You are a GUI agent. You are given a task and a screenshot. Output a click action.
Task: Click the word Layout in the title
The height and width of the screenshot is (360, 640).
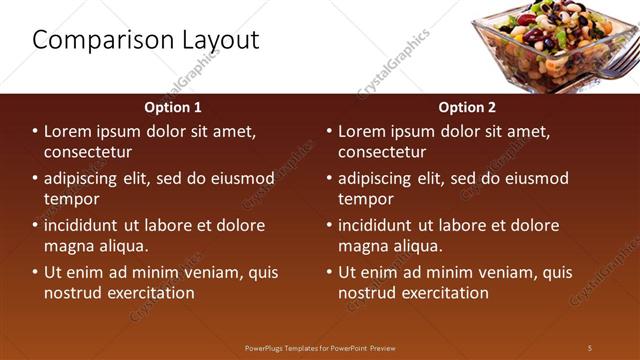pyautogui.click(x=219, y=40)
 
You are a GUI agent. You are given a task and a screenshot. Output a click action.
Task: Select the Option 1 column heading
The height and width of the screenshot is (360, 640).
pyautogui.click(x=173, y=107)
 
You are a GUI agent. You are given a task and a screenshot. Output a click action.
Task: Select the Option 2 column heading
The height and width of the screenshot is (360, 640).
pyautogui.click(x=467, y=107)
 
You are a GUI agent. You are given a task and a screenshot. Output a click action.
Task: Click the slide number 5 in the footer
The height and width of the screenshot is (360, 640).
pyautogui.click(x=590, y=348)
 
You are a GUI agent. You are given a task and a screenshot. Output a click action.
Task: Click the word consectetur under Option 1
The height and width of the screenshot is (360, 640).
pyautogui.click(x=88, y=152)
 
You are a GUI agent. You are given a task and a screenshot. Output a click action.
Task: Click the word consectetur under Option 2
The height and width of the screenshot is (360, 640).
pyautogui.click(x=382, y=152)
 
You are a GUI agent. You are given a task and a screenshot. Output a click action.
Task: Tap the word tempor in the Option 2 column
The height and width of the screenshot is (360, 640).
pyautogui.click(x=366, y=199)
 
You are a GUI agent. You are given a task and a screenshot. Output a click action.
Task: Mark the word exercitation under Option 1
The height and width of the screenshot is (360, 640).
pyautogui.click(x=146, y=293)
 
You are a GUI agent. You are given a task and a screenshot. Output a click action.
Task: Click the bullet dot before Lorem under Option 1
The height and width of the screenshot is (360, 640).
pyautogui.click(x=36, y=132)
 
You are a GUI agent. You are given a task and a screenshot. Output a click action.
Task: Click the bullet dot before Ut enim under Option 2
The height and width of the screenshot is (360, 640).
pyautogui.click(x=330, y=272)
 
